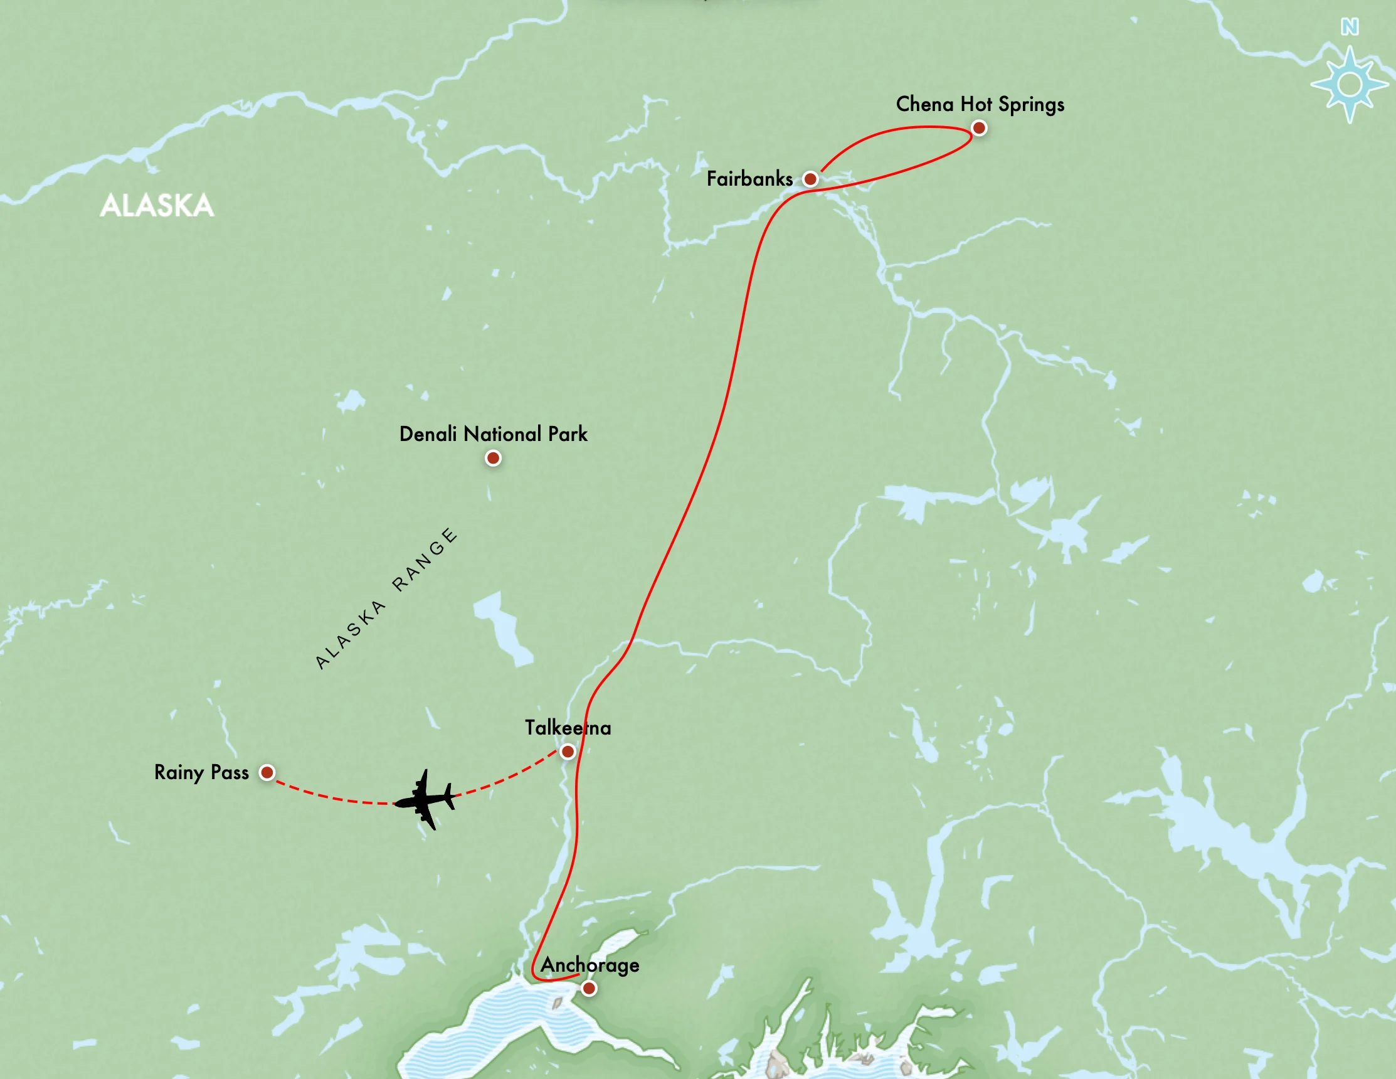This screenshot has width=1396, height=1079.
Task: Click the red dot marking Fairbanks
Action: (810, 179)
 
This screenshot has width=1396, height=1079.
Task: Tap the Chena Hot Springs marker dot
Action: (978, 129)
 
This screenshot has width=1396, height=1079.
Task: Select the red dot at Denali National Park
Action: (493, 459)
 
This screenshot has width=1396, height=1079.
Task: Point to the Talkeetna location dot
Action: (568, 752)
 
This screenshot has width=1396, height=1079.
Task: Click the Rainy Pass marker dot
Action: (267, 773)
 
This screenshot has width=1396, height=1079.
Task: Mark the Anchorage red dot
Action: (589, 989)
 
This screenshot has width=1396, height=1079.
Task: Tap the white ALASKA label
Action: (157, 206)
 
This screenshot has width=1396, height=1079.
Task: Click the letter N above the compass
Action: (1350, 27)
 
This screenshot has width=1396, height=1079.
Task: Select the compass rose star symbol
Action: (1350, 85)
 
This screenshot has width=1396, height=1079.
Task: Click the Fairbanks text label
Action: (749, 179)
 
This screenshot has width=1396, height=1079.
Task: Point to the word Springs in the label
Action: (1031, 105)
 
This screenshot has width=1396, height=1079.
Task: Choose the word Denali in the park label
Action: (428, 434)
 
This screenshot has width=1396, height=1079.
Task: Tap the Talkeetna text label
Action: (568, 728)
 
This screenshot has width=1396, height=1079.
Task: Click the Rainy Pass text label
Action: (201, 772)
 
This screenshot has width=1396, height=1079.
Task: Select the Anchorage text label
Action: (590, 965)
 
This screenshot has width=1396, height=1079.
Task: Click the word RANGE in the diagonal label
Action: (425, 560)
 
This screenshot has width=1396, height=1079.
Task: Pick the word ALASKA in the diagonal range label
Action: (351, 634)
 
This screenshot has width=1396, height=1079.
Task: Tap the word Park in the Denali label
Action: (568, 434)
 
